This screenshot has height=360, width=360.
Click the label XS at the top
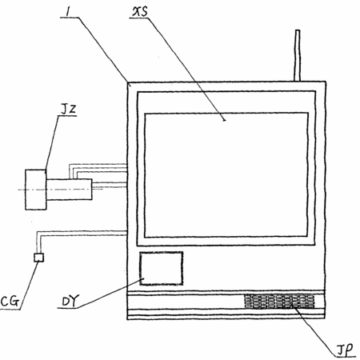coord(140,12)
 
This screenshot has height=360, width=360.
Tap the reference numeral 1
coord(68,11)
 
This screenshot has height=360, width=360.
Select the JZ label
coord(68,110)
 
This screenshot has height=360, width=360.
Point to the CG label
coord(10,302)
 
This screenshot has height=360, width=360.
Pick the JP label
coord(345,350)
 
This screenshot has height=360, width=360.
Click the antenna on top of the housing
coord(298,55)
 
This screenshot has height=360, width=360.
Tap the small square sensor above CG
coord(39,258)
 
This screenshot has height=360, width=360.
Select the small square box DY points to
coord(162,268)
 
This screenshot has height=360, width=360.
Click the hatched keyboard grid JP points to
coord(279,302)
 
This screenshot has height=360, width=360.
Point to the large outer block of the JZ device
coord(36,190)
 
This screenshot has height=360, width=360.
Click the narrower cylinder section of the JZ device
coord(70,190)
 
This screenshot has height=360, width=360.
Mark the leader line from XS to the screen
coord(186,70)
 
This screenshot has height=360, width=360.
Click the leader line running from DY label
coord(110,293)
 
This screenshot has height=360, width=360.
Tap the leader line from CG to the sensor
coord(30,286)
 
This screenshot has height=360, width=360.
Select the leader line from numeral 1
coord(104,51)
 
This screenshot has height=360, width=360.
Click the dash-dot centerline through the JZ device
coord(60,190)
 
